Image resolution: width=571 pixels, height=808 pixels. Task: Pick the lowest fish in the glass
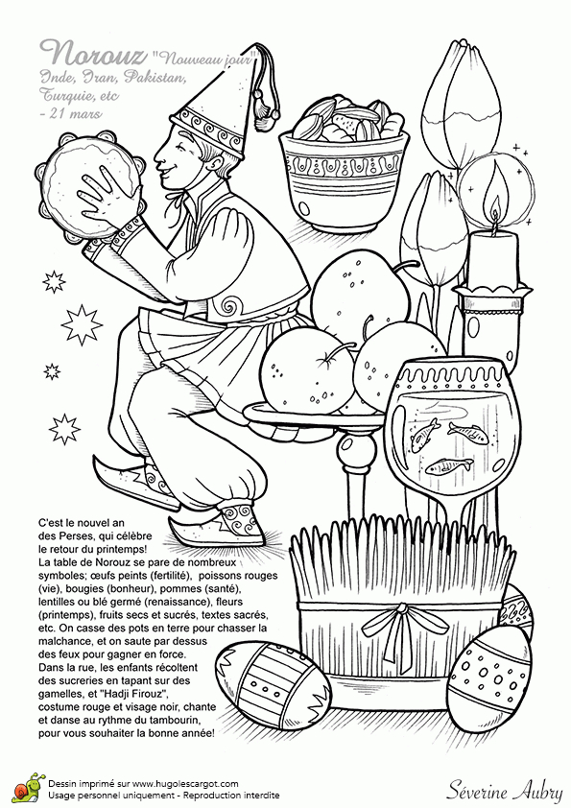tap(448, 466)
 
